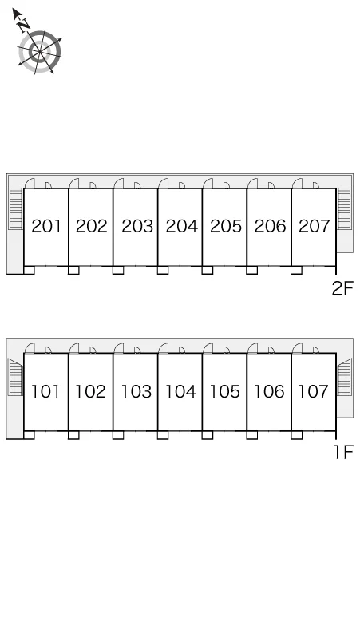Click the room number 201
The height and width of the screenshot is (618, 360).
click(x=46, y=226)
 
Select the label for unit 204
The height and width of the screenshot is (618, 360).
click(x=181, y=226)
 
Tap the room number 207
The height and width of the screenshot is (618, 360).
click(x=314, y=226)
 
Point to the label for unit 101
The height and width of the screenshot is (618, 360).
click(x=45, y=392)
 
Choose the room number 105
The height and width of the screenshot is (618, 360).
click(x=224, y=392)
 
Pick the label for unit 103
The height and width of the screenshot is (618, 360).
click(x=136, y=392)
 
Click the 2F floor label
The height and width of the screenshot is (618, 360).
click(x=342, y=288)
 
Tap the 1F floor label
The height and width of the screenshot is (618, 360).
click(x=344, y=452)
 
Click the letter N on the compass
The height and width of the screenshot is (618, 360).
click(x=24, y=26)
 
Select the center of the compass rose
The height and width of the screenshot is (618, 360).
click(x=40, y=52)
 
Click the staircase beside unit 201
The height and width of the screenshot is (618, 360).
click(x=16, y=209)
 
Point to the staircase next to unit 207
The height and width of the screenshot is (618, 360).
click(x=344, y=209)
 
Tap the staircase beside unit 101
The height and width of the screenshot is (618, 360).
click(x=16, y=377)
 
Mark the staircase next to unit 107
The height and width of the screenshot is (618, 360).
click(x=344, y=377)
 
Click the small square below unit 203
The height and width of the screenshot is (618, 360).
click(x=118, y=270)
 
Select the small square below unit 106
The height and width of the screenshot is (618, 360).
click(x=251, y=435)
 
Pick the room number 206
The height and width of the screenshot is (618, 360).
click(x=270, y=226)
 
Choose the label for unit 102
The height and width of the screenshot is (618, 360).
click(x=90, y=392)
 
